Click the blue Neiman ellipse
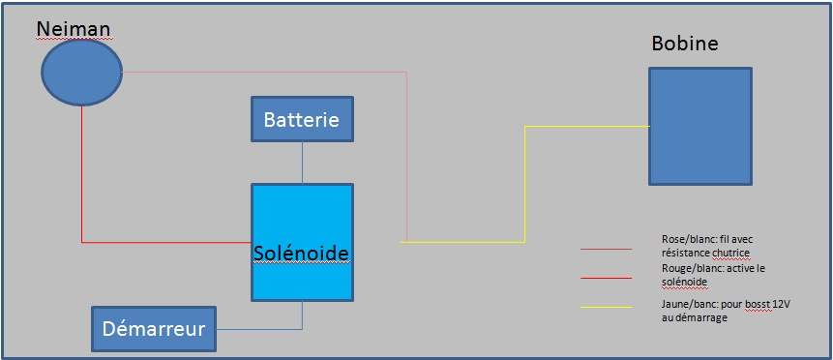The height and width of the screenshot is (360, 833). [x=82, y=73]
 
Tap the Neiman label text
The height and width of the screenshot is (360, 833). [x=74, y=29]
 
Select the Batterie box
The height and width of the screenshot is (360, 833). [x=302, y=119]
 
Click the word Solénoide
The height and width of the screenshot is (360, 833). [x=301, y=253]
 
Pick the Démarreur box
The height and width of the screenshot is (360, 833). [x=154, y=329]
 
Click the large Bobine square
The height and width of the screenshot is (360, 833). [x=700, y=126]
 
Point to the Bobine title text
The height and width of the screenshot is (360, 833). [x=685, y=44]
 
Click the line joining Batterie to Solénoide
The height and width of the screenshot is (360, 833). [x=302, y=163]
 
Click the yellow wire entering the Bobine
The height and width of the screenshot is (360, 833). [x=525, y=184]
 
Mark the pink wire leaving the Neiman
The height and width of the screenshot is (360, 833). [x=406, y=73]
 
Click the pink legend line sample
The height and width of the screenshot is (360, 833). [x=607, y=249]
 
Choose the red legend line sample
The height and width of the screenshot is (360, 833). [x=607, y=278]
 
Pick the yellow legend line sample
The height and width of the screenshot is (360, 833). [x=607, y=307]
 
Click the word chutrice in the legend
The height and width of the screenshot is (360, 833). [x=733, y=252]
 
